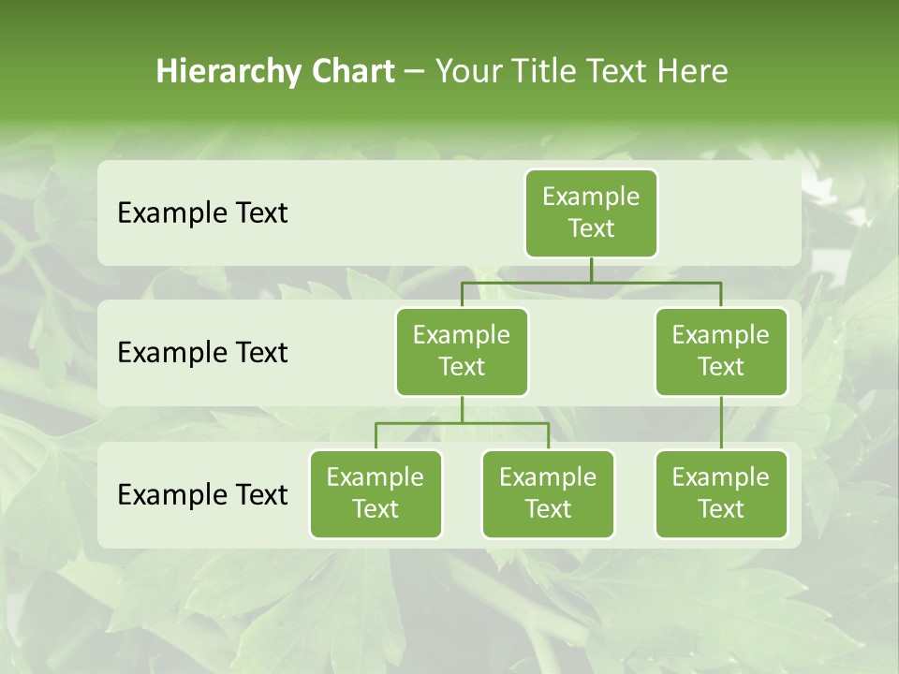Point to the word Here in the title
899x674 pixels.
[692, 72]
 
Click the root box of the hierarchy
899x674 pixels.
[591, 213]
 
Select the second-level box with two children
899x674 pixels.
[462, 352]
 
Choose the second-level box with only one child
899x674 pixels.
[721, 352]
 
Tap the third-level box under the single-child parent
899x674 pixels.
[721, 494]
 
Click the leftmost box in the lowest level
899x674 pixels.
[376, 494]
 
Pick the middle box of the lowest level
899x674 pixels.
[548, 494]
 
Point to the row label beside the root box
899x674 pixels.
[202, 213]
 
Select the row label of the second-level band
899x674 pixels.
[202, 353]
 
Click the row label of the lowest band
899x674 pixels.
[202, 495]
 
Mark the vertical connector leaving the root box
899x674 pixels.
[591, 270]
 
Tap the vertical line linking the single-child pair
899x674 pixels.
[721, 423]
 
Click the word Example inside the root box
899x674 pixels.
[591, 197]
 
